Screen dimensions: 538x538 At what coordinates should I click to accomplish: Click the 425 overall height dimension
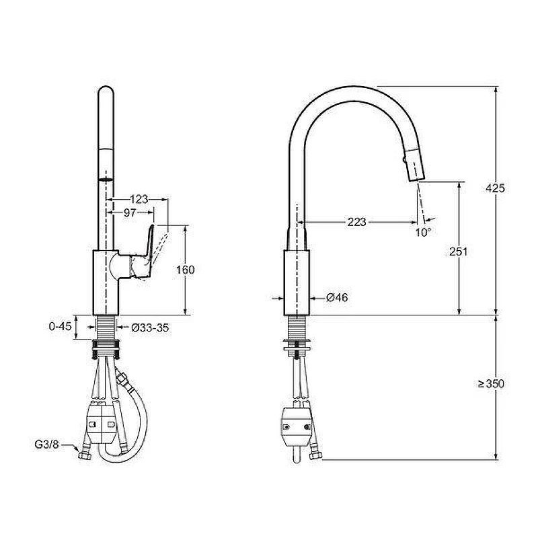point(495,188)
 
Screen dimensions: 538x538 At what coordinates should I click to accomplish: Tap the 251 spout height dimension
point(459,252)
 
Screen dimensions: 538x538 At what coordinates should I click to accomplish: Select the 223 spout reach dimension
point(357,222)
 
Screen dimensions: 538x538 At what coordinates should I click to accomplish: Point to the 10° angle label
point(423,232)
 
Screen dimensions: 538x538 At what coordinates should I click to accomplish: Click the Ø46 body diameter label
point(337,297)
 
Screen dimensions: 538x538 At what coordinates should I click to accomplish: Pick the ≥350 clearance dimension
point(492,383)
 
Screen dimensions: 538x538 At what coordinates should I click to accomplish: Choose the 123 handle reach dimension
point(139,199)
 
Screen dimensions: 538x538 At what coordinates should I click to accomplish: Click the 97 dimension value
point(130,213)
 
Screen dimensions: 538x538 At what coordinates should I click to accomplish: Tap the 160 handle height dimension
point(186,270)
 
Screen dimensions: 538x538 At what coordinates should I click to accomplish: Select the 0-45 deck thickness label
point(61,326)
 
